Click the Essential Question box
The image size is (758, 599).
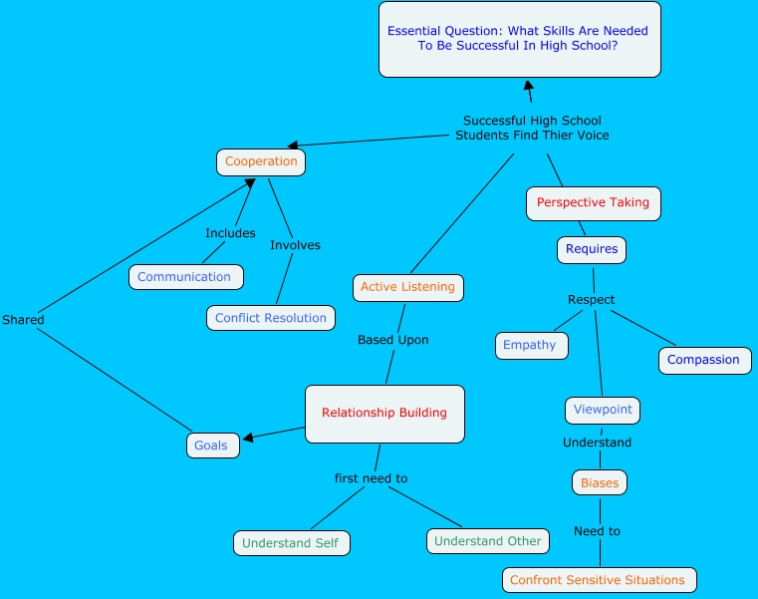pos(519,39)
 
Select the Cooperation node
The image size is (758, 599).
pos(261,161)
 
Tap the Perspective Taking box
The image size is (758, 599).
pos(593,203)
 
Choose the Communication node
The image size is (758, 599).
pos(185,277)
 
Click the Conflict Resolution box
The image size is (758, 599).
pos(271,318)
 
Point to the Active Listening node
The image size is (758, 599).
pos(407,287)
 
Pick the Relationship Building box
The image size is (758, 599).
pos(384,414)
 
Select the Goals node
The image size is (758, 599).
pos(212,446)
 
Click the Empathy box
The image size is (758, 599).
pos(531,346)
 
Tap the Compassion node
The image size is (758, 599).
pos(704,360)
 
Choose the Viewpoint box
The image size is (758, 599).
pos(603,410)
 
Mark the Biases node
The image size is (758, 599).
pos(600,483)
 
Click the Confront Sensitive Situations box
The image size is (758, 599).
pos(599,580)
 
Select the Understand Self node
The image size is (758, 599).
pos(291,543)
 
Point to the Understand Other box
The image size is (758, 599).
pos(488,541)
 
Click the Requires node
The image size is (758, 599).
pos(592,249)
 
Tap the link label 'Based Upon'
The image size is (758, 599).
pos(393,340)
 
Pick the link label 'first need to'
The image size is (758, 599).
pos(371,478)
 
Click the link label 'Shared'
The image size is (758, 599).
pos(23,320)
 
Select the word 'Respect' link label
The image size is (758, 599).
pos(592,299)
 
